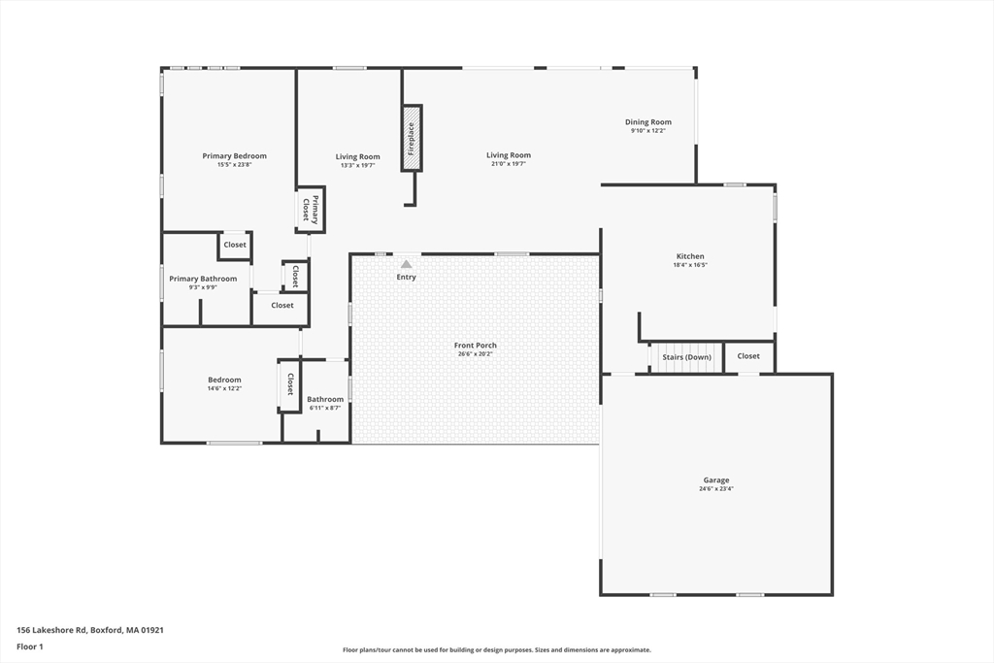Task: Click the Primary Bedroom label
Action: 234,156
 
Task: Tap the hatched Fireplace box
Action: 412,138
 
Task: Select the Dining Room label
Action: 647,122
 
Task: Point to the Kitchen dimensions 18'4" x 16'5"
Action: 690,265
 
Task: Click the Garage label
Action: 716,481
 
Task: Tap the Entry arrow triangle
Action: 406,263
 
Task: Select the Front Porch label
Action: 475,346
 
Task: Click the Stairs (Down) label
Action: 686,357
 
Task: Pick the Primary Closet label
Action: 310,209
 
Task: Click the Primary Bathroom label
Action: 203,279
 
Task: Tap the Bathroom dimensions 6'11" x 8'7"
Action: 325,408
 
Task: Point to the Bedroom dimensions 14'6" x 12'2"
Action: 224,388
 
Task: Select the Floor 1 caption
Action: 31,646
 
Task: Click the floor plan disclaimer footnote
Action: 496,650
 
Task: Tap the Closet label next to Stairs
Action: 748,356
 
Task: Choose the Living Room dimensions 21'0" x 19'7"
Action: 509,164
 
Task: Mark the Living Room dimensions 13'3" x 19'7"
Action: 357,165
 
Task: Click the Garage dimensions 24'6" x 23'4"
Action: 716,489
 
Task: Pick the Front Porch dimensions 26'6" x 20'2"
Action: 475,354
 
